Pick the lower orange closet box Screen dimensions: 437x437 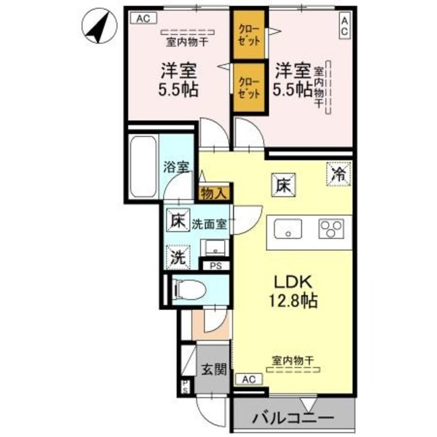(x=247, y=87)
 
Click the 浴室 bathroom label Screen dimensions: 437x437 (x=176, y=165)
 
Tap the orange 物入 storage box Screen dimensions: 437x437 (x=214, y=194)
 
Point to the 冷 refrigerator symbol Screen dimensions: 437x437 (x=339, y=173)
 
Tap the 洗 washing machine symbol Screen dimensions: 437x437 (x=178, y=257)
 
